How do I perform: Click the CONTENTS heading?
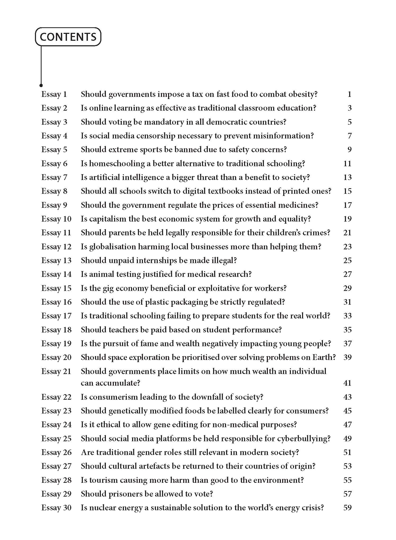click(68, 37)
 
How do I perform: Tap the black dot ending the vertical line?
click(41, 85)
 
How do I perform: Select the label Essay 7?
click(54, 177)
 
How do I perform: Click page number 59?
click(347, 507)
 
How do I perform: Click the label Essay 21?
click(56, 371)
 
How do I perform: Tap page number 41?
click(347, 383)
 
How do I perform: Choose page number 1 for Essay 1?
click(349, 94)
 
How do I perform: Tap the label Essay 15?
click(56, 288)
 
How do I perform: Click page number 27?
click(347, 274)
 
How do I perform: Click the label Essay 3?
click(54, 122)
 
